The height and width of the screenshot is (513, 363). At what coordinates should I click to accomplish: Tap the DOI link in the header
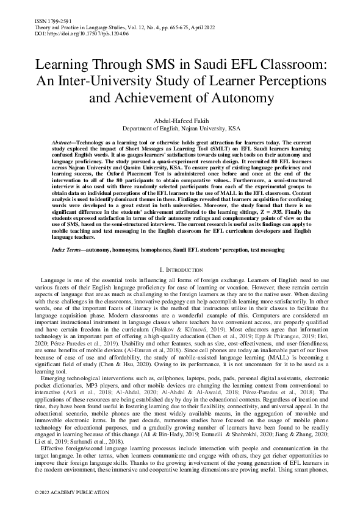tap(79, 34)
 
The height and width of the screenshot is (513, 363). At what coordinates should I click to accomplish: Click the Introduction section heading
tap(181, 269)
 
